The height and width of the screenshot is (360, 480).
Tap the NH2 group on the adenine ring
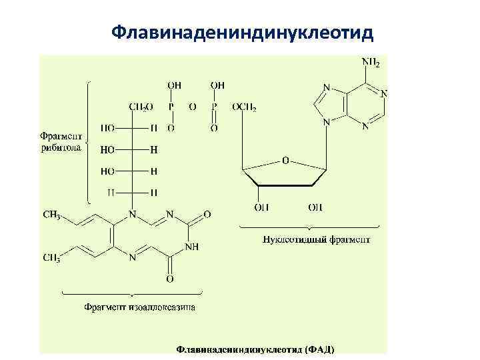coord(371,63)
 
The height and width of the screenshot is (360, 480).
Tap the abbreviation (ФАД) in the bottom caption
coord(319,349)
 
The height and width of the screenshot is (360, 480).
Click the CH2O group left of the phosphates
coord(141,106)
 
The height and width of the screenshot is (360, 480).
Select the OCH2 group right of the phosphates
coord(244,106)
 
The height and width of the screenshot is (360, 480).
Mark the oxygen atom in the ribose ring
coord(285,161)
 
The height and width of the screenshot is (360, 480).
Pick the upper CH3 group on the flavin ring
coord(53,215)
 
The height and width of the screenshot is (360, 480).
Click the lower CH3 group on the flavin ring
coord(53,257)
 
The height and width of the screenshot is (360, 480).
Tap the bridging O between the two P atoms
coord(192,106)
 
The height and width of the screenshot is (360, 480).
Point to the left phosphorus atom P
coord(171,106)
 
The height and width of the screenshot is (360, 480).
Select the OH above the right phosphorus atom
coord(217,85)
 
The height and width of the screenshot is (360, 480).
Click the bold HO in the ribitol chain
coord(107,150)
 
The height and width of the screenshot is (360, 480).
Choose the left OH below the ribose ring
coord(261,207)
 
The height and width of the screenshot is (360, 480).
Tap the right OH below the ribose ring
coord(315,207)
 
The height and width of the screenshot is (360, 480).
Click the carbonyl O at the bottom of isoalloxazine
coord(170,279)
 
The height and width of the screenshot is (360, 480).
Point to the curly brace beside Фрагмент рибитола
coord(88,142)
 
